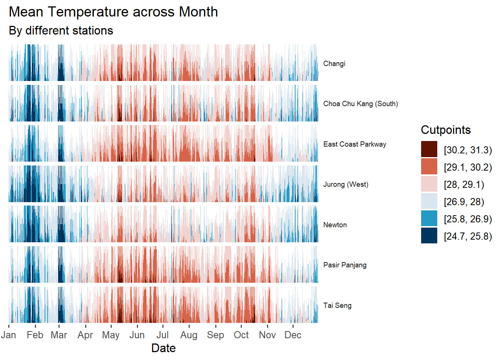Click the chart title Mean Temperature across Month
tap(113, 12)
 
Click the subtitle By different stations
tap(61, 30)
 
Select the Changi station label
tap(334, 64)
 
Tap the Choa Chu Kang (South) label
tap(360, 104)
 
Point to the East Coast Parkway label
tap(354, 144)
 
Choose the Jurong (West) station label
tap(346, 184)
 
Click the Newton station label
tap(335, 225)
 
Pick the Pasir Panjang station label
tap(345, 265)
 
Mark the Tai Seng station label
tap(337, 306)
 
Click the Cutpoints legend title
tap(445, 130)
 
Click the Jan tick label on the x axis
tap(8, 335)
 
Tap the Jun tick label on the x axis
tap(137, 335)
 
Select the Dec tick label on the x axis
tap(292, 335)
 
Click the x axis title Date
tap(163, 348)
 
